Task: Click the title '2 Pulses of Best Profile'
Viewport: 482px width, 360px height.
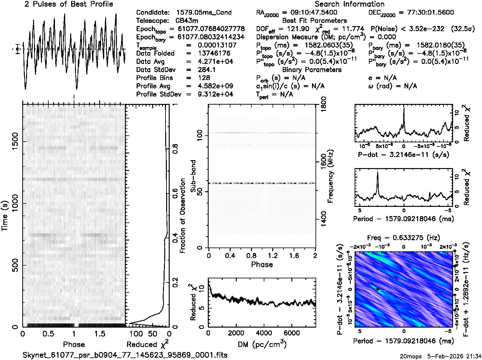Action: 69,4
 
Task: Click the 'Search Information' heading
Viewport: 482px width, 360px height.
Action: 350,4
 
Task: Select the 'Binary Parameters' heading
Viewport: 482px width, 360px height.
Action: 312,70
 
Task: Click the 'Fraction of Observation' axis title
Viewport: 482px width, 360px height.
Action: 182,216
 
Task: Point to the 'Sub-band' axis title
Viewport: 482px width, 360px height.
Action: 193,176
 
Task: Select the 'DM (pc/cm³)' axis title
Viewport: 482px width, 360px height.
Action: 262,344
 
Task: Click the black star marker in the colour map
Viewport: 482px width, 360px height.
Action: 377,289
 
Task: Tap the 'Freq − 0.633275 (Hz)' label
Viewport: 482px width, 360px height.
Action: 404,238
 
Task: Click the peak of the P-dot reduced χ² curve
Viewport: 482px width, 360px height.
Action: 404,108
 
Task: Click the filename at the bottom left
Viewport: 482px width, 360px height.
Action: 125,355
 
